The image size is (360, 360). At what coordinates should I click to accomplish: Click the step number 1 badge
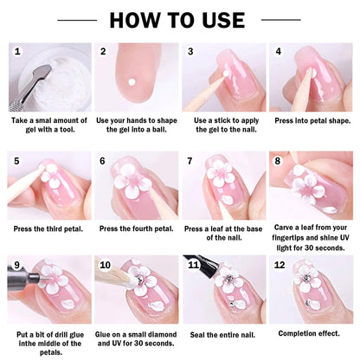click(x=17, y=52)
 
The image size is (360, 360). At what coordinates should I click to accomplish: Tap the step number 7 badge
click(x=190, y=161)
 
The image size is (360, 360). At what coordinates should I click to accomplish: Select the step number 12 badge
click(x=280, y=265)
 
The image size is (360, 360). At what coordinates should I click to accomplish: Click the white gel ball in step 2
click(x=132, y=82)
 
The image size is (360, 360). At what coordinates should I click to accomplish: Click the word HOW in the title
click(x=135, y=20)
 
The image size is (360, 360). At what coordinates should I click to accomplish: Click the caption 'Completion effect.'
click(x=309, y=333)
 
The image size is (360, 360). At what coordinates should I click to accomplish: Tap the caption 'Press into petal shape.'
click(x=312, y=120)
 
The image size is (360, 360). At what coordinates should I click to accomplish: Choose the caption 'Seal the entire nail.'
click(x=222, y=335)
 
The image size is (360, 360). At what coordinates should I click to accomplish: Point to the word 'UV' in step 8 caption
click(x=344, y=238)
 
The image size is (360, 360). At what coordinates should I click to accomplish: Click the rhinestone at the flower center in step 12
click(x=306, y=278)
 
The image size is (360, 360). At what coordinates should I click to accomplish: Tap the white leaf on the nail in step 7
click(x=228, y=200)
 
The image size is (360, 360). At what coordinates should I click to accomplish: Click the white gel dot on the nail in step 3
click(x=226, y=74)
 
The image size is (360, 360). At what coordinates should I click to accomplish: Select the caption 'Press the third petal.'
click(x=48, y=229)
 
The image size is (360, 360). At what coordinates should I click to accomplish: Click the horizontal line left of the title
click(x=77, y=20)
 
